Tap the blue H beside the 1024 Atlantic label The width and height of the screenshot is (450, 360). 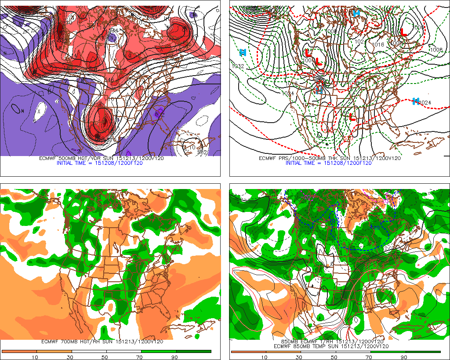(x=415, y=101)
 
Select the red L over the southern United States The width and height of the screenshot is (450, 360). (x=352, y=117)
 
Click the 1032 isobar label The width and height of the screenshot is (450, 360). (x=238, y=66)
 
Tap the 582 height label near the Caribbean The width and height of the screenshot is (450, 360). (x=202, y=152)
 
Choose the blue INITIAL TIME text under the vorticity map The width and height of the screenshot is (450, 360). (x=99, y=163)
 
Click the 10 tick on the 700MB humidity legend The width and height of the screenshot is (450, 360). (x=34, y=357)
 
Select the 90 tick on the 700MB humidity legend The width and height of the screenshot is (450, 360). (x=174, y=357)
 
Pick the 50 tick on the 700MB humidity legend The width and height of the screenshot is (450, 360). (x=104, y=357)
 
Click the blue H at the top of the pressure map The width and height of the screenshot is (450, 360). (x=356, y=13)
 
